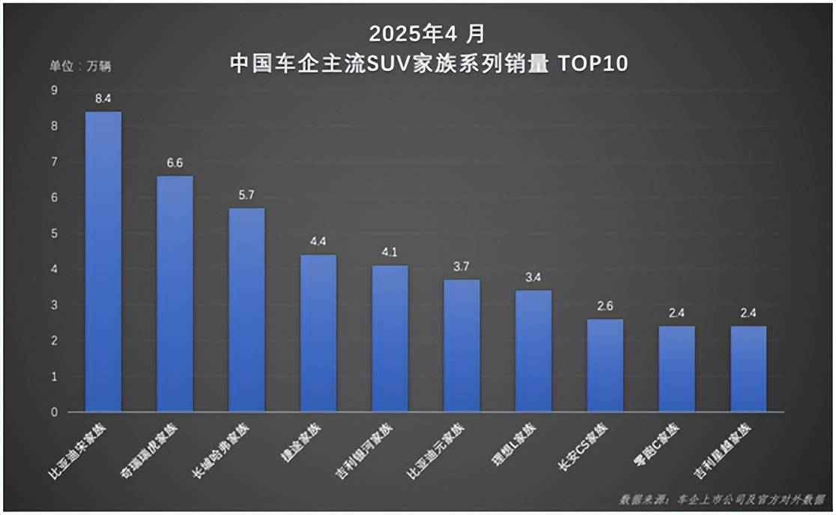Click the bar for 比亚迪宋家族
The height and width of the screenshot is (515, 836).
[x=103, y=262]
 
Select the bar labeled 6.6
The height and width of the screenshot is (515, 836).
[x=175, y=294]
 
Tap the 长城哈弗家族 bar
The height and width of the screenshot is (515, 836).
[x=246, y=310]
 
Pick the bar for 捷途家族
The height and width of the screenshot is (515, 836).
[x=318, y=333]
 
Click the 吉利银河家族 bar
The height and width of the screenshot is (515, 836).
[x=390, y=338]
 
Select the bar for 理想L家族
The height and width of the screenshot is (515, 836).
[x=533, y=351]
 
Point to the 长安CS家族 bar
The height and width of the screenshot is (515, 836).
[x=605, y=365]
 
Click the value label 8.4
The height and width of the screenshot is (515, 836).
[x=103, y=98]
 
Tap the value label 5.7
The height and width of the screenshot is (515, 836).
[x=246, y=195]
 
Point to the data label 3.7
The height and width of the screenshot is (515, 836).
[x=461, y=266]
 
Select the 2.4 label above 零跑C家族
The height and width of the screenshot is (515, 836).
[x=676, y=313]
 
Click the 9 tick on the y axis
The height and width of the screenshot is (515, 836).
[x=54, y=91]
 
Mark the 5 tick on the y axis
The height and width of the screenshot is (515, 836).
[x=54, y=234]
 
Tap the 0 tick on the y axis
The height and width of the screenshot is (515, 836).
[x=54, y=412]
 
